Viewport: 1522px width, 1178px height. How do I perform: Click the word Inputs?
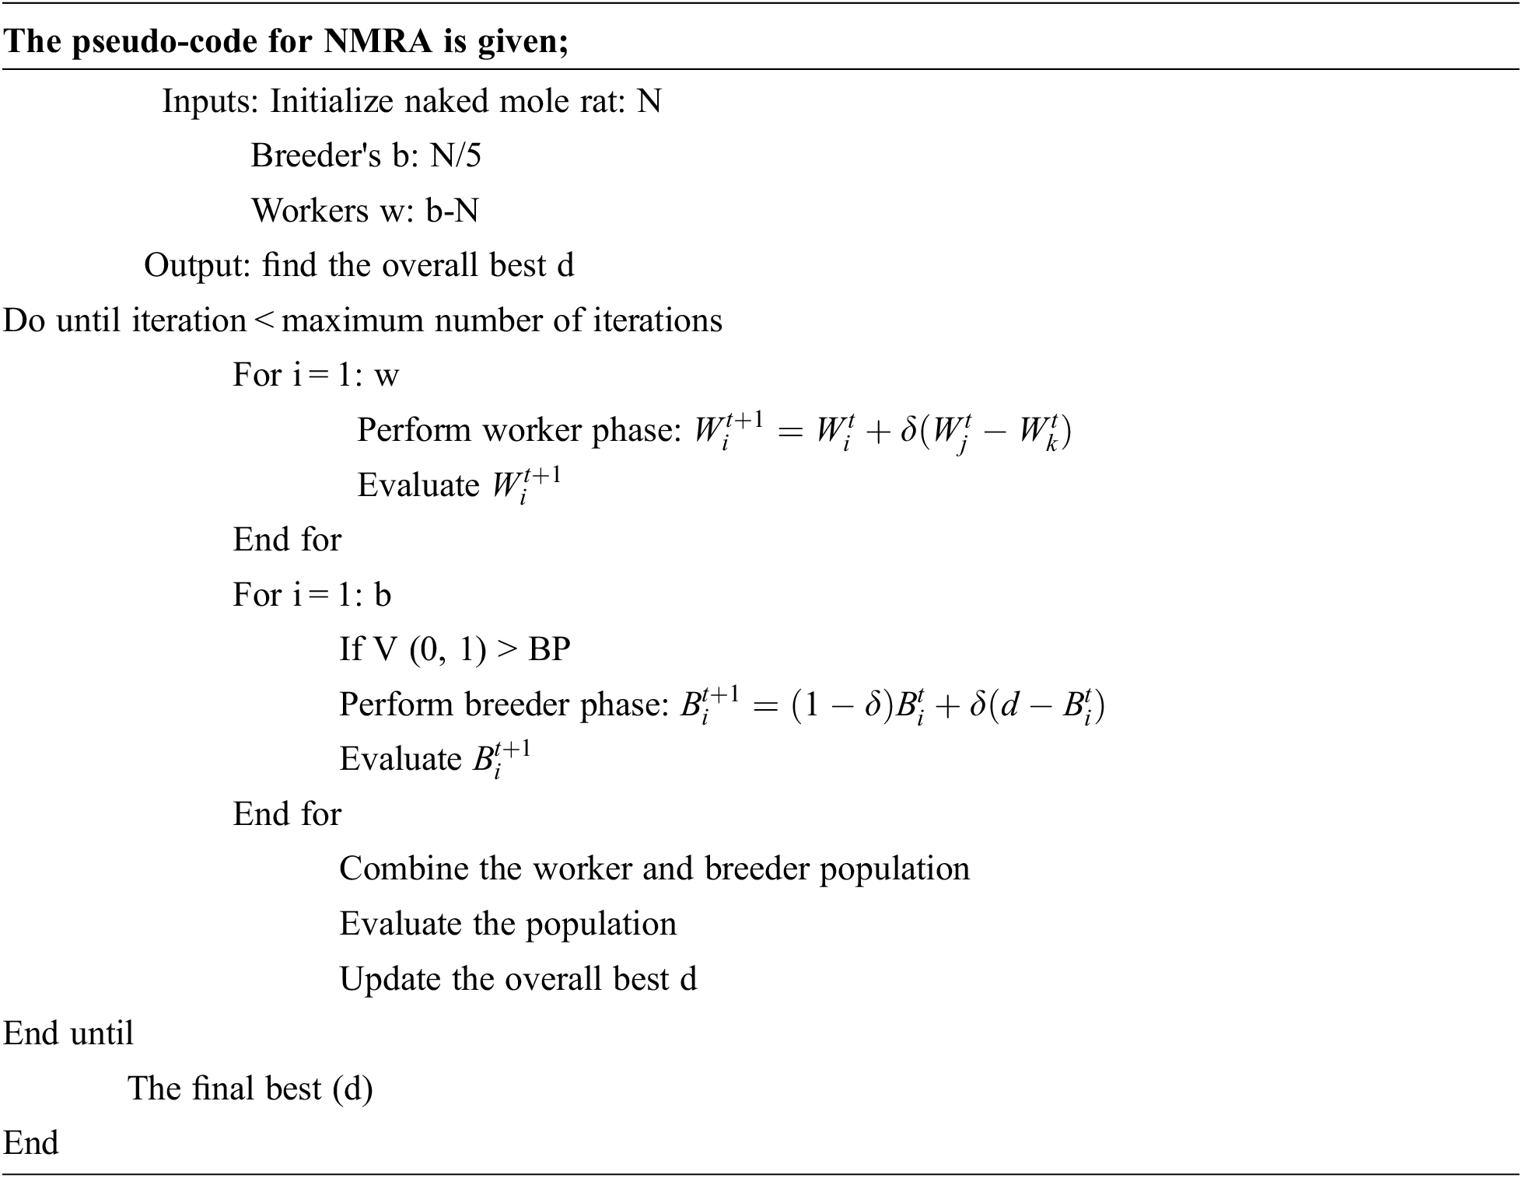click(x=208, y=102)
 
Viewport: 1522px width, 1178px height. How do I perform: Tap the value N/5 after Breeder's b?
click(x=456, y=156)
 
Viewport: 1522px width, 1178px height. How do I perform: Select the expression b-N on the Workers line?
click(x=452, y=211)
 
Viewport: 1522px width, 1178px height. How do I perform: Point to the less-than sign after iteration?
click(x=264, y=320)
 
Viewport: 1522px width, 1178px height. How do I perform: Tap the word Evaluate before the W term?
click(x=418, y=486)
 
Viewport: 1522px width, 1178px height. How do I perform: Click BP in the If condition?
click(x=549, y=649)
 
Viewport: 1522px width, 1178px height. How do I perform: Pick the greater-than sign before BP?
click(x=507, y=649)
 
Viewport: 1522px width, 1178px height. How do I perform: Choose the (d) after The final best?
click(x=352, y=1089)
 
